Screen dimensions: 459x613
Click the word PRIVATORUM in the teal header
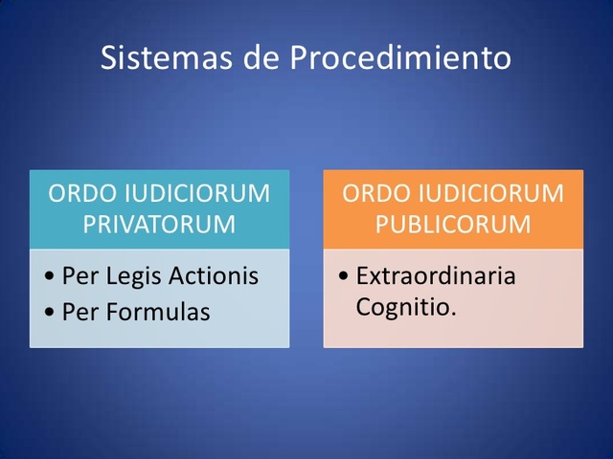point(159,225)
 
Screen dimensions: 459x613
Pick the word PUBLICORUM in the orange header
point(453,225)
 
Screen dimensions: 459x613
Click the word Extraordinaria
point(436,276)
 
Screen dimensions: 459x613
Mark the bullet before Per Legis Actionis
point(50,278)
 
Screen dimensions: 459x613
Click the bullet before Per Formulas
point(50,313)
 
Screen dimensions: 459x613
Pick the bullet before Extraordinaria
point(344,278)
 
